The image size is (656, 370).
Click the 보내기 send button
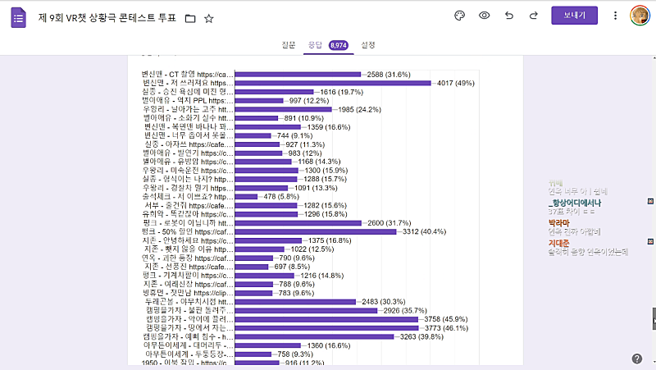(x=575, y=16)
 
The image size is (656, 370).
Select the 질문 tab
(x=288, y=45)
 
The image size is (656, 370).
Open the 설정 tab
(x=368, y=45)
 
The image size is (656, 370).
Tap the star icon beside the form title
(x=209, y=17)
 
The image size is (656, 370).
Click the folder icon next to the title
(x=190, y=17)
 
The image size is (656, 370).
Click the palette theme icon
(x=459, y=16)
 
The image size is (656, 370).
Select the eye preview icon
(x=485, y=16)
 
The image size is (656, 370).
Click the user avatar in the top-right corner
(x=640, y=16)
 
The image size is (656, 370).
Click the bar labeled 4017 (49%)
(x=333, y=83)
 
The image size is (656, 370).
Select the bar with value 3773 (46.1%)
(x=327, y=327)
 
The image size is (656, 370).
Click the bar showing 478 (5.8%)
(x=247, y=197)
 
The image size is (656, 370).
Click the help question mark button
(x=637, y=359)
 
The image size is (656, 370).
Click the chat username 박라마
(x=558, y=222)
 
